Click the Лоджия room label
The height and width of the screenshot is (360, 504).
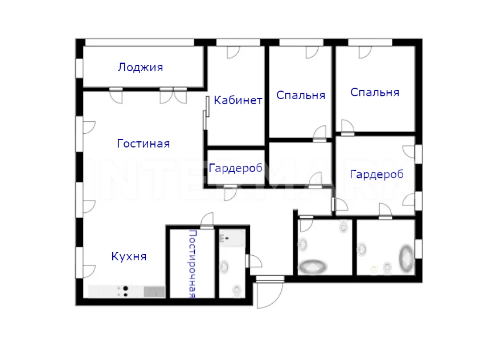tap(141, 67)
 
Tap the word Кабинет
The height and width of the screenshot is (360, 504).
tap(238, 100)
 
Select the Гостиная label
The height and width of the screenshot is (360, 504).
tap(144, 144)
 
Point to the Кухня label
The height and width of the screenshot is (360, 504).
tap(129, 256)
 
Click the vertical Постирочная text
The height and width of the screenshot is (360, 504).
tap(192, 264)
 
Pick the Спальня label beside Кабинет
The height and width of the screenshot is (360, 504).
tap(301, 95)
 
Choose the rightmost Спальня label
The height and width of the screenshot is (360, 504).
tap(375, 93)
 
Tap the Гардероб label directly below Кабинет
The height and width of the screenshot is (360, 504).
tap(236, 168)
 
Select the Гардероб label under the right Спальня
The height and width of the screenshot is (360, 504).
tap(376, 174)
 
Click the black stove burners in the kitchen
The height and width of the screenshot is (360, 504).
tap(126, 291)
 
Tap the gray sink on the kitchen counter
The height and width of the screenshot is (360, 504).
tap(154, 292)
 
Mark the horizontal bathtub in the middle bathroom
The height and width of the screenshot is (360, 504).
tap(313, 267)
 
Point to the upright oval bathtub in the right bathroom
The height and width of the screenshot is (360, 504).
tap(406, 259)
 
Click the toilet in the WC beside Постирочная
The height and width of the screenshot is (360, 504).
tap(237, 291)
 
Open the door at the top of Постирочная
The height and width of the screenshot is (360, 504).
tap(207, 221)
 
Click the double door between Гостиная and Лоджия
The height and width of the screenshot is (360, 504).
tap(173, 96)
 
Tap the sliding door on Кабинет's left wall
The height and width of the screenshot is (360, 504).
tap(206, 113)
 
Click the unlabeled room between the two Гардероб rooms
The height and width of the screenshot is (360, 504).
tap(300, 163)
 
